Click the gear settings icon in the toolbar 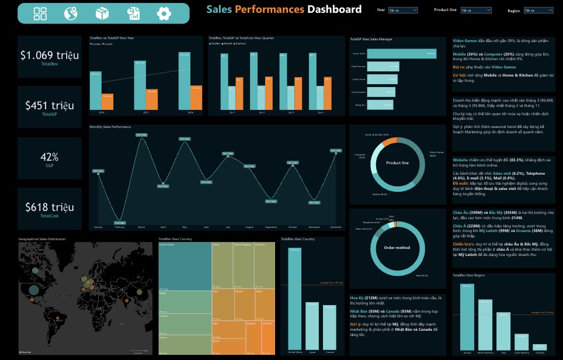coord(164,13)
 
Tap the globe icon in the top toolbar coord(71,13)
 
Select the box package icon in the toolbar coord(102,13)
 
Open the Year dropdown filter coord(402,10)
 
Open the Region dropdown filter coord(538,10)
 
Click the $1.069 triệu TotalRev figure coord(50,56)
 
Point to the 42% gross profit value coord(50,157)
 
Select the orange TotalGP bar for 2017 coord(151,100)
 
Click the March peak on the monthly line coord(141,136)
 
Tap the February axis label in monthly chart coord(119,227)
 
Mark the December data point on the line coord(336,152)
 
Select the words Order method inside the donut coord(397,247)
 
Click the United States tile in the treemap coord(185,266)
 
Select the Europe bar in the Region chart coord(467,318)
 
